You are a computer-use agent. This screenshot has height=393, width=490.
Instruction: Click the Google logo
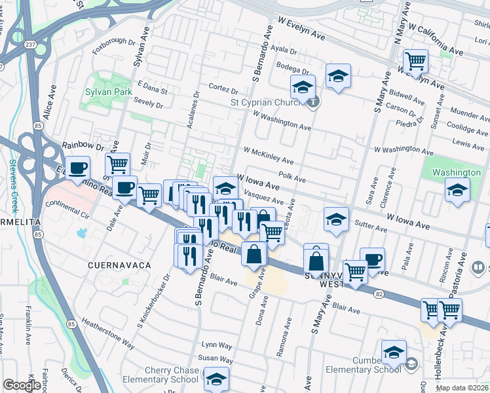pyautogui.click(x=22, y=385)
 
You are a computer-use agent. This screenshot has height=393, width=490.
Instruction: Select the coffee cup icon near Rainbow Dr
pyautogui.click(x=77, y=168)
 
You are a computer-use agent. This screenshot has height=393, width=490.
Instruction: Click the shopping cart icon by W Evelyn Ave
pyautogui.click(x=415, y=62)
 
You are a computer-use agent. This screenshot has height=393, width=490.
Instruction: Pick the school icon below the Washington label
pyautogui.click(x=457, y=191)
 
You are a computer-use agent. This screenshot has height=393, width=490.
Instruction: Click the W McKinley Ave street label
pyautogui.click(x=269, y=156)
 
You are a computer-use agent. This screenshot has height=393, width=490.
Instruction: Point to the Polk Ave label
pyautogui.click(x=292, y=178)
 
